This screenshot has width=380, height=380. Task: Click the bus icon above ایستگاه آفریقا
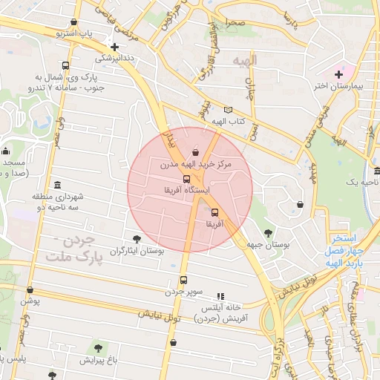(186, 179)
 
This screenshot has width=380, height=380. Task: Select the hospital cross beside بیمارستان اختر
(339, 73)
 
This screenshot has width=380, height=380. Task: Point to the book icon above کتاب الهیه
(227, 110)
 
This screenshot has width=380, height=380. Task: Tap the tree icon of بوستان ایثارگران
(136, 239)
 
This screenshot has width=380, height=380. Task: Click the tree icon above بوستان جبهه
(268, 232)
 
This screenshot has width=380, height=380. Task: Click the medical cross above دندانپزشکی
(113, 45)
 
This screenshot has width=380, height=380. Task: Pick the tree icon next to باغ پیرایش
(97, 347)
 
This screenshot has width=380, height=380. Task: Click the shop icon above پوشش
(30, 290)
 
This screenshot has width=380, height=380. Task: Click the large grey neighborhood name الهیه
(244, 60)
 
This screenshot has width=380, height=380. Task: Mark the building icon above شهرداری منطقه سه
(57, 185)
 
